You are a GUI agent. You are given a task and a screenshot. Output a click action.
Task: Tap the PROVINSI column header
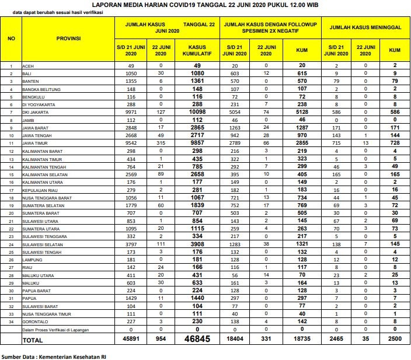[68, 39]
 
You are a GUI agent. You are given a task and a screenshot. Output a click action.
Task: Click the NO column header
[11, 39]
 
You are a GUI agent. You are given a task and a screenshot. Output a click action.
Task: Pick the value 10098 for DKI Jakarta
[197, 111]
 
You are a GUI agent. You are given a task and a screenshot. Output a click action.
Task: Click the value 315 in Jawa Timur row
[161, 142]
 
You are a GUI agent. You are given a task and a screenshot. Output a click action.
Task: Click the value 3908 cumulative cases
[197, 244]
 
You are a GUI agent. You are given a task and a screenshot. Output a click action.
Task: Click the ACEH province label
[27, 65]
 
